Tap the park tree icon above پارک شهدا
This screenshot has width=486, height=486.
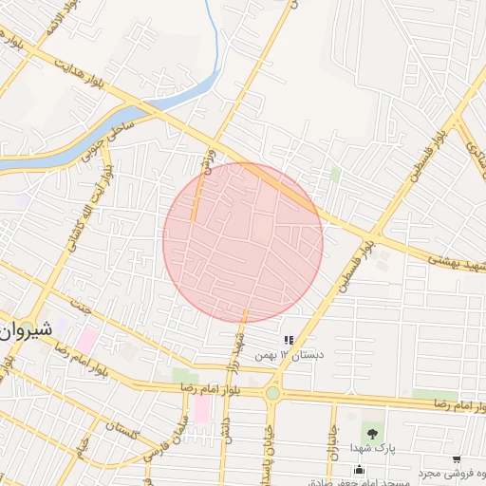[x=371, y=429]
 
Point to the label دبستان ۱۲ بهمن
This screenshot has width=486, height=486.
[x=289, y=355]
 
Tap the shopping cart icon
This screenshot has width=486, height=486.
[x=458, y=459]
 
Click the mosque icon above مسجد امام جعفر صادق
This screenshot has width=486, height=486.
[x=359, y=469]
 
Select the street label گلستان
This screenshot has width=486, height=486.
[x=123, y=431]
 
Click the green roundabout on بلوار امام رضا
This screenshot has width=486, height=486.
[x=272, y=392]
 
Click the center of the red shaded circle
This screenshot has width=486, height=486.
[x=243, y=242]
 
